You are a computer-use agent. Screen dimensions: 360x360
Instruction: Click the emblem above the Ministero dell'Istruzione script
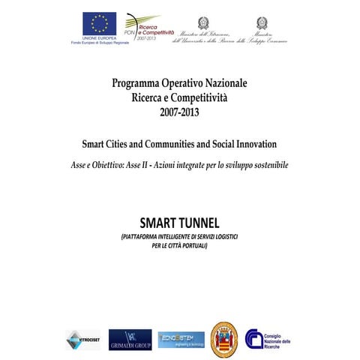[203, 23]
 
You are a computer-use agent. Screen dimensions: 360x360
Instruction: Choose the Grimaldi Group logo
[130, 339]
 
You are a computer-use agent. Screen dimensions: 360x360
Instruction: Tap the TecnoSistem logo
[181, 339]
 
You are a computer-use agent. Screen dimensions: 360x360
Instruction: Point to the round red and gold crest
[224, 339]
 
